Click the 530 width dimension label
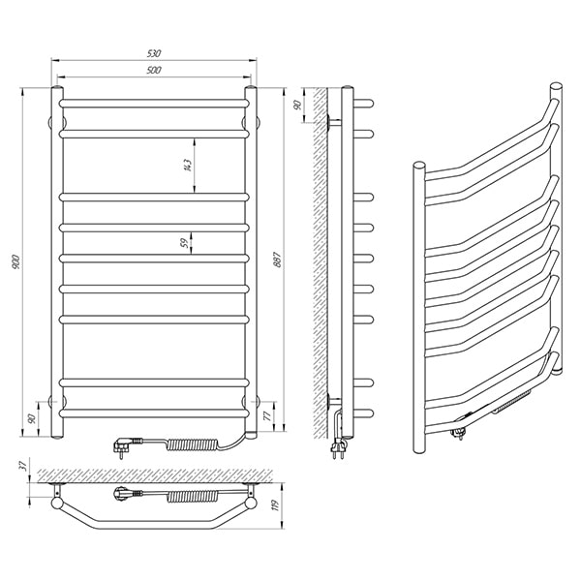[x=154, y=53]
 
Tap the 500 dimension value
[x=154, y=70]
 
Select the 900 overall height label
[x=15, y=261]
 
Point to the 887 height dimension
[x=278, y=260]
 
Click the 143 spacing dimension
[x=188, y=165]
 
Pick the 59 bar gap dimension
[x=184, y=243]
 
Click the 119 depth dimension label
[x=275, y=505]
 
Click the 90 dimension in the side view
[x=297, y=105]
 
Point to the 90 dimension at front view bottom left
[x=32, y=418]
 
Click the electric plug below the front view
[x=124, y=445]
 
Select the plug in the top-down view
[x=124, y=494]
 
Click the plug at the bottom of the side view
[x=338, y=447]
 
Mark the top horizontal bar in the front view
[x=154, y=104]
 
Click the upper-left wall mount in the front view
[x=52, y=122]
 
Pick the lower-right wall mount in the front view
[x=256, y=401]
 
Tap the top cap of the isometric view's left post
[x=419, y=166]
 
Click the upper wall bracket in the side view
[x=333, y=122]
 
